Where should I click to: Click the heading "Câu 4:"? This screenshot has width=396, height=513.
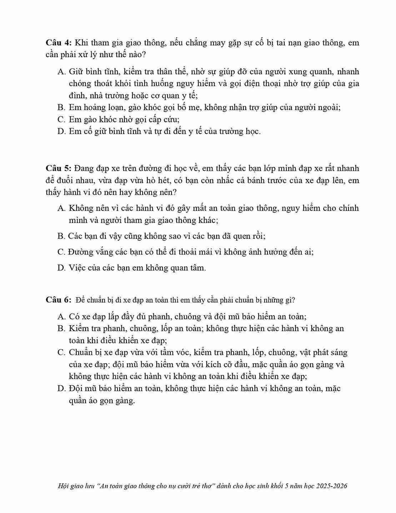(59, 43)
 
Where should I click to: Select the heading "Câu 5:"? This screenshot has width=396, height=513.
(59, 168)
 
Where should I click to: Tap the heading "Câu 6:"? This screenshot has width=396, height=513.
(59, 300)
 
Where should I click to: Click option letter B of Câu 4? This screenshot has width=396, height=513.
(61, 107)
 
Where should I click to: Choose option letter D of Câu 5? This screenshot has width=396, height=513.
(61, 268)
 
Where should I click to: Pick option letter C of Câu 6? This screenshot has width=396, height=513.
(61, 352)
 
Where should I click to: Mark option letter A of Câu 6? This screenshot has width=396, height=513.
(61, 316)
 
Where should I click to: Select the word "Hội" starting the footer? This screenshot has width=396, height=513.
(63, 486)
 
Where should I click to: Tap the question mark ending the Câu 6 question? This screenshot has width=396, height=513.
(294, 300)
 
